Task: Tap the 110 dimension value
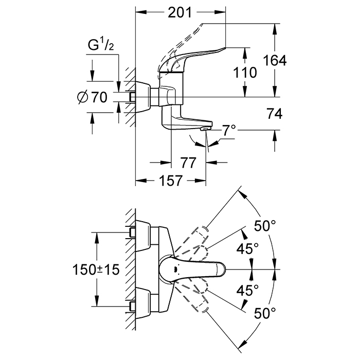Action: click(x=244, y=72)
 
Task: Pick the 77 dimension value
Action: click(x=188, y=163)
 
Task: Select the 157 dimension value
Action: click(x=171, y=181)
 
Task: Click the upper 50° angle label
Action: click(x=266, y=225)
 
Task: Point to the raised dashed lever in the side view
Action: click(x=206, y=31)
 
